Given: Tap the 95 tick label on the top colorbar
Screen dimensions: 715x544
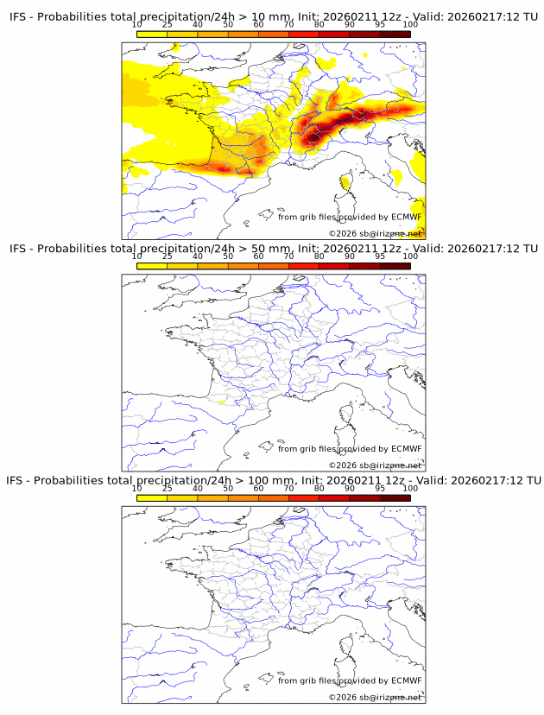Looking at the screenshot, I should point(380,24).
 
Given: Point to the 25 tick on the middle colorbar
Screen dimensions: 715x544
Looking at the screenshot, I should point(167,256).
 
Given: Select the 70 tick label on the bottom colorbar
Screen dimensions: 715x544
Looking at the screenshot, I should point(288,488).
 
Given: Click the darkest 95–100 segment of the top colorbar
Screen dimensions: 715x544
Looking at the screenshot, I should point(395,34).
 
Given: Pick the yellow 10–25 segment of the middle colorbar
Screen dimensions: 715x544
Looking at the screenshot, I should point(152,266).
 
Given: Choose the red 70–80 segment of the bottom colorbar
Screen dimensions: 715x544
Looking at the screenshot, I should point(304,497).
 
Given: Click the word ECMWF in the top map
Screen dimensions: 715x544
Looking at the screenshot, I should point(407,218).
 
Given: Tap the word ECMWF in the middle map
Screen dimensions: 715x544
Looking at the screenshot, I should point(407,449).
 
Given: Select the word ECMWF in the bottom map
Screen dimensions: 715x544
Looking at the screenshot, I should point(407,680).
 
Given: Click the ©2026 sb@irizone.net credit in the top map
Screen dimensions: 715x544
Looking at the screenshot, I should point(375,234).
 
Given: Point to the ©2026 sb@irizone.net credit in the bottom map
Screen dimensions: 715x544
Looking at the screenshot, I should point(375,697).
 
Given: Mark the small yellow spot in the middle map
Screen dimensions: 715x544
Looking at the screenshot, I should point(224,402).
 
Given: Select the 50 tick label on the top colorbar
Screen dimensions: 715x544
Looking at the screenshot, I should point(228,24).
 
